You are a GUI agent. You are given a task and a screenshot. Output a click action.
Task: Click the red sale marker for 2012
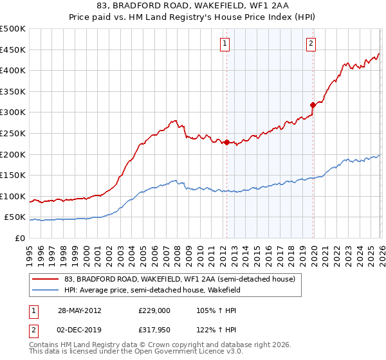tap(226, 142)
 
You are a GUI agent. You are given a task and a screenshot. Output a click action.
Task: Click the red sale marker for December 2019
tap(313, 105)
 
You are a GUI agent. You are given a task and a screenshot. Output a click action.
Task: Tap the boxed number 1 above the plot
tap(225, 44)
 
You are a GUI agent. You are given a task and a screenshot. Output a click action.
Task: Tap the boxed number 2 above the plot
tap(311, 44)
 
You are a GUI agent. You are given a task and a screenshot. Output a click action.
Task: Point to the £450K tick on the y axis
tap(14, 50)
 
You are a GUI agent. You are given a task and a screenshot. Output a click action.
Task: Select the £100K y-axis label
tap(14, 196)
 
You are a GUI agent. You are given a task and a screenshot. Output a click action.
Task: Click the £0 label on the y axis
tap(20, 238)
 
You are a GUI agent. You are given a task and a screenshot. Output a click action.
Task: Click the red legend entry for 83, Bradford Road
tap(179, 279)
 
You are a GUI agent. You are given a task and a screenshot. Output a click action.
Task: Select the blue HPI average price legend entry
tap(152, 290)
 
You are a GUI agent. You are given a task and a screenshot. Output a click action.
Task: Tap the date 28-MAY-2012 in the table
tap(79, 310)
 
